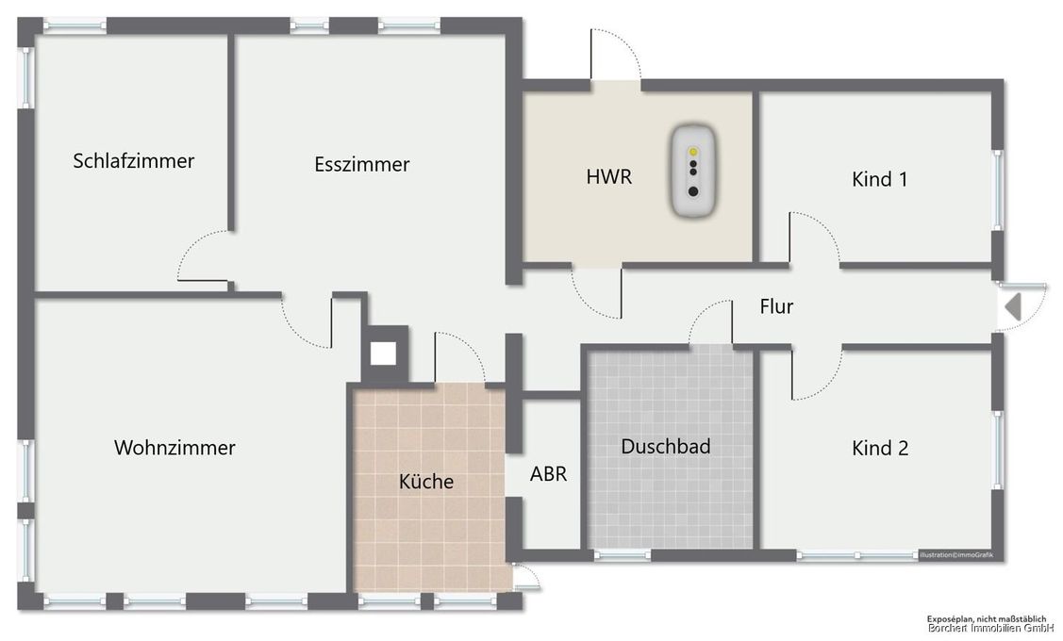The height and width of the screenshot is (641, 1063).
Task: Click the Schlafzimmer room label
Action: click(134, 161)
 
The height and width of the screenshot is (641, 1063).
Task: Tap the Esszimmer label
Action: click(362, 164)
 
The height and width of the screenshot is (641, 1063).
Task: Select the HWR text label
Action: click(608, 176)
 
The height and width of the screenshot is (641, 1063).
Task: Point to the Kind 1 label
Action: click(879, 179)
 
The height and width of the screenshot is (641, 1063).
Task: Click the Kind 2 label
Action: click(879, 449)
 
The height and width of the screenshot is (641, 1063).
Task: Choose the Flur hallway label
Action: click(776, 306)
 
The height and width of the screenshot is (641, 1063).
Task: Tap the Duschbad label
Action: click(665, 447)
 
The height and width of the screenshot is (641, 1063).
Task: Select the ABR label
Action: click(548, 474)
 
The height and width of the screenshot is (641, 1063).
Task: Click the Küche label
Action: click(426, 482)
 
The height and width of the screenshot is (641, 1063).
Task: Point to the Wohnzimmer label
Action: click(174, 448)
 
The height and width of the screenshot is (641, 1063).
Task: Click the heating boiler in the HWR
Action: click(693, 171)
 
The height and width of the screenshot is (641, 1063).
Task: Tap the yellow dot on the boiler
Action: click(693, 151)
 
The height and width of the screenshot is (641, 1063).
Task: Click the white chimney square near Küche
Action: click(383, 353)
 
